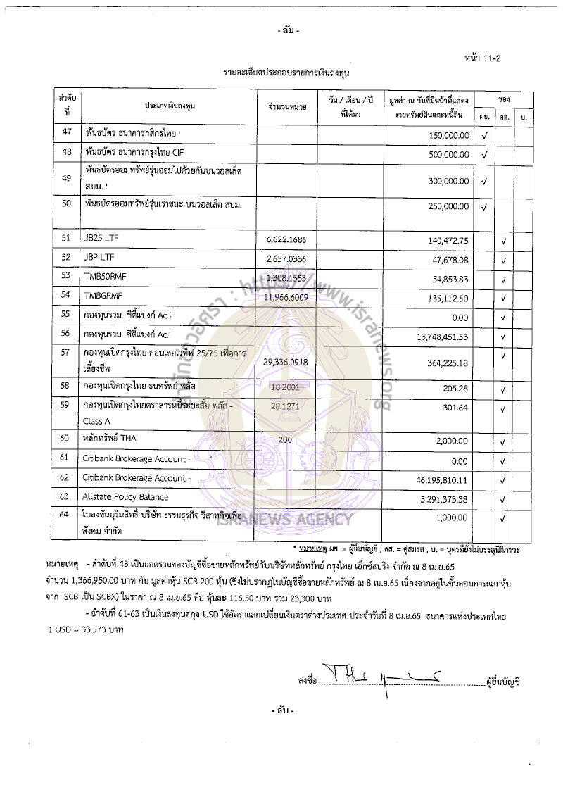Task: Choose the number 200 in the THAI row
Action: pos(265,439)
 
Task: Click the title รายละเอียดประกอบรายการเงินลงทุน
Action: pos(286,73)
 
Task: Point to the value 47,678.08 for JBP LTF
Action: pos(448,259)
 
